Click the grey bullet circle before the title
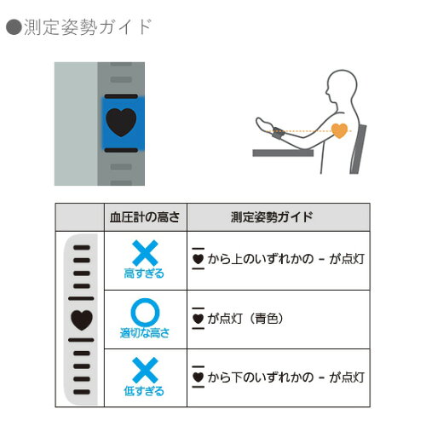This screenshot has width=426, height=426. [x=14, y=27]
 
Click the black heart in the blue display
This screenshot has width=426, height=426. [x=121, y=122]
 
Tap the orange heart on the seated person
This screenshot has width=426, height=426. [x=339, y=130]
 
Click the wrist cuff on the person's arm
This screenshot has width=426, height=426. [x=278, y=133]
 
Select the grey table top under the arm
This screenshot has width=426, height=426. [x=283, y=153]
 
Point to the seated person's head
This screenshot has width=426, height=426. [x=341, y=84]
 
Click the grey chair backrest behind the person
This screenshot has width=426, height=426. [x=359, y=149]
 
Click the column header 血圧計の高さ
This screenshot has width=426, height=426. [x=145, y=217]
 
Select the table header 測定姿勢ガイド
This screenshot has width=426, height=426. [x=272, y=217]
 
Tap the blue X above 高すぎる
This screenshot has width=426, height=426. [x=145, y=253]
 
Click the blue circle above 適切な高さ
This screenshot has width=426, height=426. [x=145, y=313]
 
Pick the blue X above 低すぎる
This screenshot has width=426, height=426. [x=145, y=370]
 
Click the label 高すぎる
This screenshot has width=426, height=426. [x=144, y=273]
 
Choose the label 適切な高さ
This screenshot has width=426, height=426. [x=145, y=333]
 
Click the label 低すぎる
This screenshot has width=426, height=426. [x=144, y=391]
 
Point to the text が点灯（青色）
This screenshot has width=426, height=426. [x=245, y=319]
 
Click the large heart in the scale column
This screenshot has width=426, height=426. [x=82, y=319]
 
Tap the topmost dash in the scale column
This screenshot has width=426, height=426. [x=82, y=248]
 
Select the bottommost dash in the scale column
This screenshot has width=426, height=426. [x=82, y=392]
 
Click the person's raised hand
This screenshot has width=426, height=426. [x=263, y=124]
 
